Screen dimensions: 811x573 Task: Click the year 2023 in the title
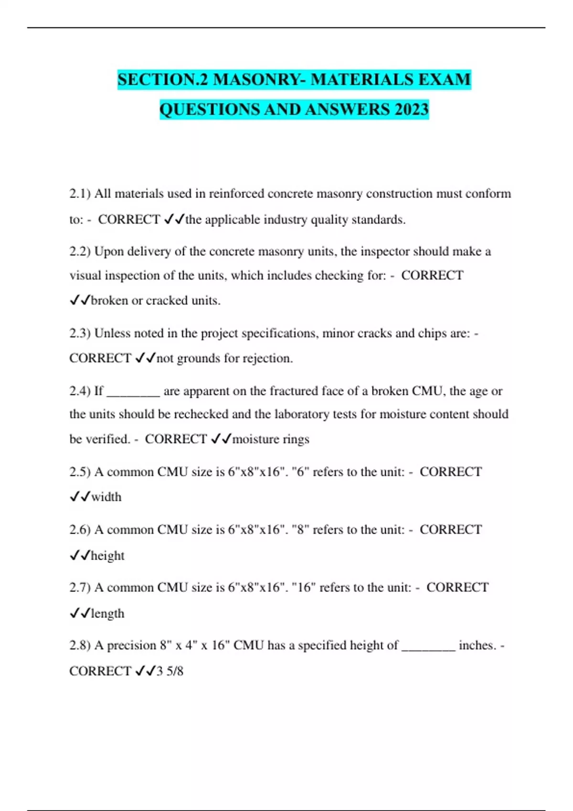tap(411, 109)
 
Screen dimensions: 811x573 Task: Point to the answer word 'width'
tap(106, 497)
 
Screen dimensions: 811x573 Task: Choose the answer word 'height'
tap(107, 556)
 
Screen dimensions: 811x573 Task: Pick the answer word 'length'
tap(107, 613)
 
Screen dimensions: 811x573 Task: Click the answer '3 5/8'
tap(170, 671)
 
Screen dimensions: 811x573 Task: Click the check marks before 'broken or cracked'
tap(80, 301)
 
